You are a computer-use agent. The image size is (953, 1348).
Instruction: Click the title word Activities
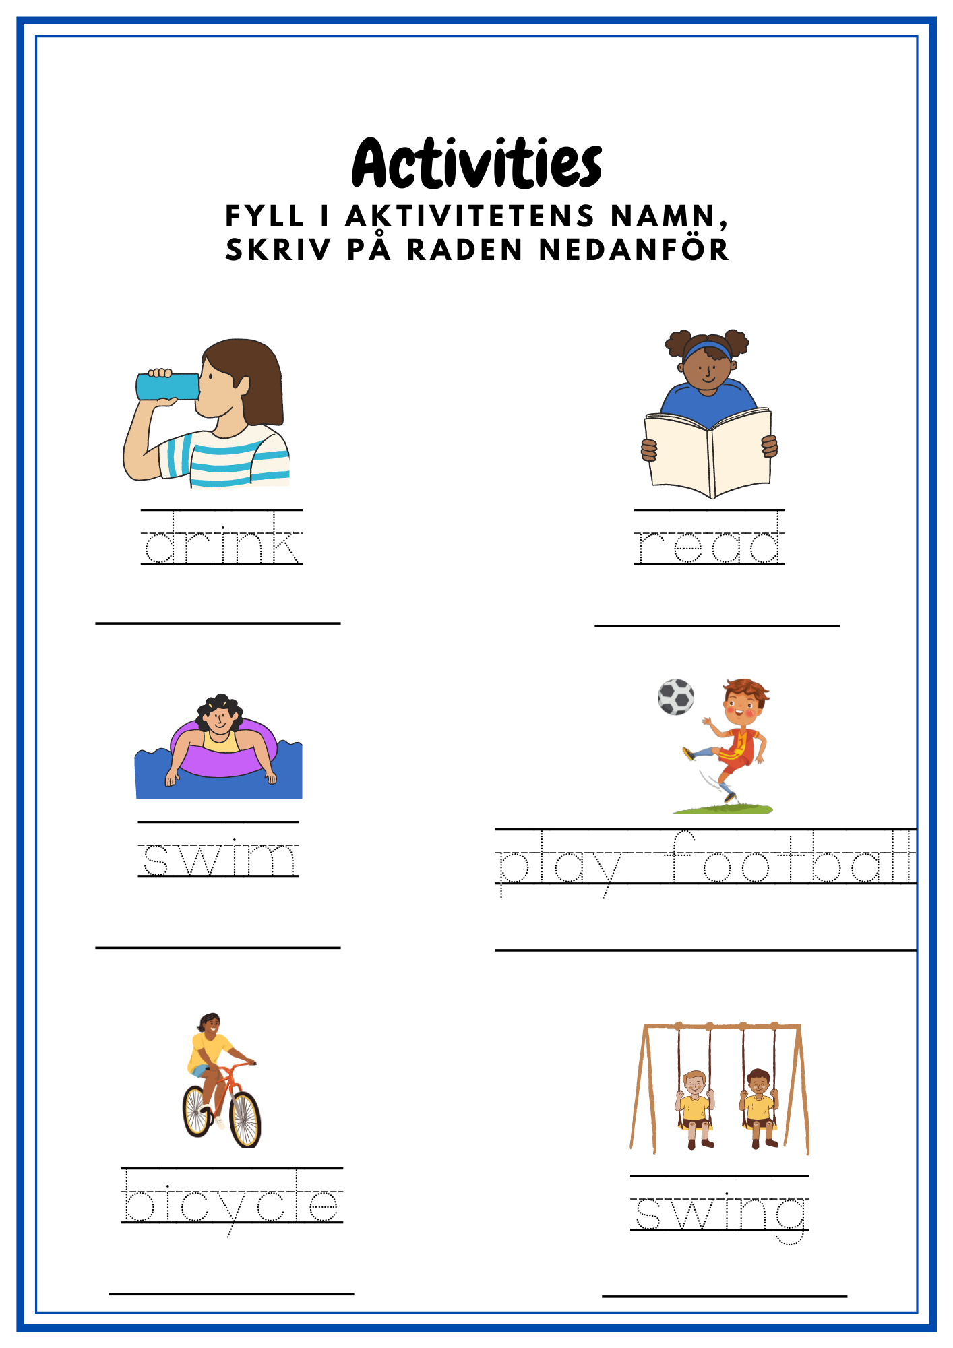click(476, 164)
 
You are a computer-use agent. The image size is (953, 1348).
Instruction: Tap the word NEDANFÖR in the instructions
click(634, 249)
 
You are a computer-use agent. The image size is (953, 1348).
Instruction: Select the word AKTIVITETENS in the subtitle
click(470, 216)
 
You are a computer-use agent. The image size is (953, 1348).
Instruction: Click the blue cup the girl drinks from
click(168, 386)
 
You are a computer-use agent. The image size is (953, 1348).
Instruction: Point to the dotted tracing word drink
click(222, 538)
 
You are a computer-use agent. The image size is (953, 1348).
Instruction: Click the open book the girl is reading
click(708, 453)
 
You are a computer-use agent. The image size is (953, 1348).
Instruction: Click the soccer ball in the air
click(676, 697)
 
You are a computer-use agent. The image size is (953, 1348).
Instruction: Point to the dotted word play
click(559, 865)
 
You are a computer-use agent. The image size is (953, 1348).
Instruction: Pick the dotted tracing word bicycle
click(233, 1203)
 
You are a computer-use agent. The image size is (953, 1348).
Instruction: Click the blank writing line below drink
click(218, 623)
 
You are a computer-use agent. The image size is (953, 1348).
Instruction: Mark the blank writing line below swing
click(725, 1295)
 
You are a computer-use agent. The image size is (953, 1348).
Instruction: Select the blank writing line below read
click(717, 626)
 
